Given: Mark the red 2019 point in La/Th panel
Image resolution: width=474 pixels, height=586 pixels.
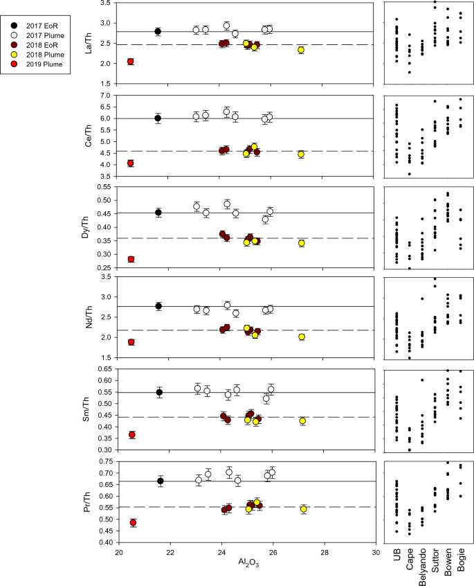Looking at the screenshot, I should (x=130, y=62).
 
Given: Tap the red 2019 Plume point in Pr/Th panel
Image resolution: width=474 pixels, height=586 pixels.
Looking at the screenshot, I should (x=133, y=523).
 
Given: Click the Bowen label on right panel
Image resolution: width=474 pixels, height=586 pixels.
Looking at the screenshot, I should (x=448, y=565).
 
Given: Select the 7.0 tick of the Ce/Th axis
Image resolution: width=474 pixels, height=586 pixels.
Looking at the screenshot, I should (x=105, y=95).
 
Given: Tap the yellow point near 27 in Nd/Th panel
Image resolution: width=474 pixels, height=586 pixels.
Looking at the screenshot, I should (x=301, y=337).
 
